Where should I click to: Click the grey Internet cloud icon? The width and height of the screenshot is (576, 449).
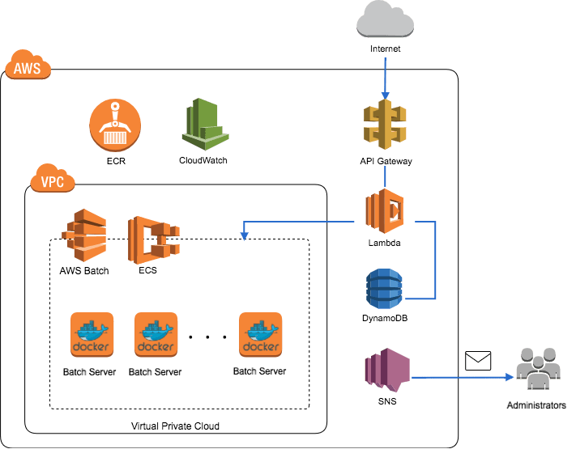point(386,19)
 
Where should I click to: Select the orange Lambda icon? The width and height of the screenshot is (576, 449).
point(386,211)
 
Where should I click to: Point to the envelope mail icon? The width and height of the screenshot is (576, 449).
point(479,361)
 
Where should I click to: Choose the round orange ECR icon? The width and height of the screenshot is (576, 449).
point(115,126)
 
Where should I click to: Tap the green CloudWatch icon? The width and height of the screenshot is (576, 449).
point(202,123)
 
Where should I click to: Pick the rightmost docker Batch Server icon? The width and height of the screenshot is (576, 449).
point(260,335)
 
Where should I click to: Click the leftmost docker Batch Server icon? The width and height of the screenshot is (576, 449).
point(92,335)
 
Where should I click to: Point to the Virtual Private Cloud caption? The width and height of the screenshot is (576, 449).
point(176,425)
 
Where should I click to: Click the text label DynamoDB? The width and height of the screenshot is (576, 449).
point(386,319)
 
